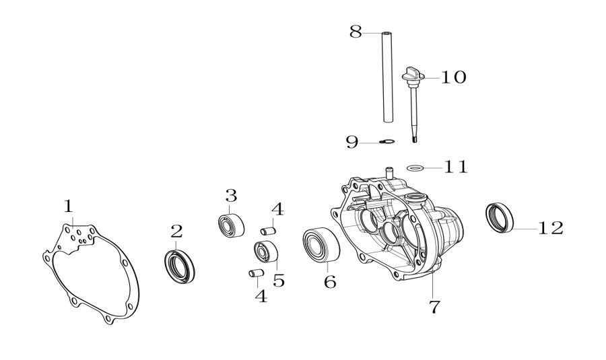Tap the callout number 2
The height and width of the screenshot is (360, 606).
tap(176, 231)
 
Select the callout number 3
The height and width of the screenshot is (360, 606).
tap(231, 196)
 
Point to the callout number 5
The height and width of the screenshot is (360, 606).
tap(278, 280)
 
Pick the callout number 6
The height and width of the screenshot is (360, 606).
tap(330, 281)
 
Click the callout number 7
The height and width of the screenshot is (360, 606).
tap(434, 307)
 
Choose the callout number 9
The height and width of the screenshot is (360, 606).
tap(352, 141)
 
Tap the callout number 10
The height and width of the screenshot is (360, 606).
tap(453, 77)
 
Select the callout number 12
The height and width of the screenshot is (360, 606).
tap(550, 228)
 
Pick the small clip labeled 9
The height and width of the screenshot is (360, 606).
tap(386, 141)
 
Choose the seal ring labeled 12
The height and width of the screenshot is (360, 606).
tap(500, 217)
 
